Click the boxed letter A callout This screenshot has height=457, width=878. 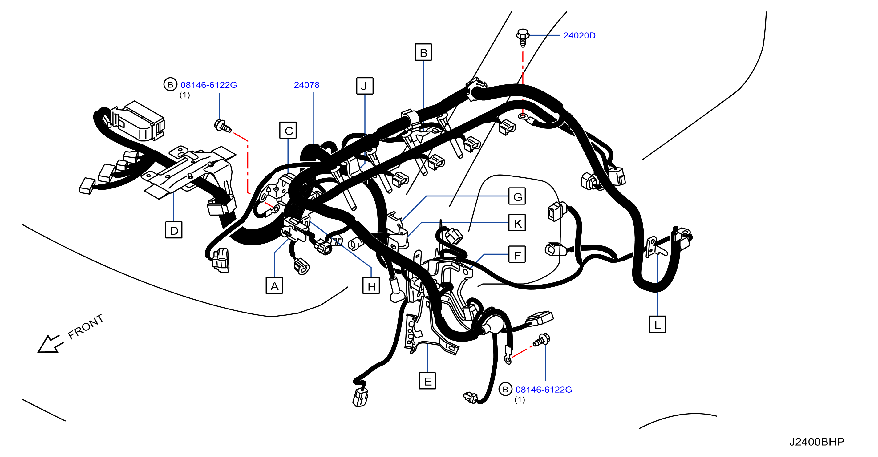pos(274,285)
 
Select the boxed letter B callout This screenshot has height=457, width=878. pos(423,52)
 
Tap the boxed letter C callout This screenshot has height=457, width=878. pos(288,130)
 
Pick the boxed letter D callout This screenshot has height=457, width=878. pos(174,230)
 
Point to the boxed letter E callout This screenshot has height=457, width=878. pos(427,381)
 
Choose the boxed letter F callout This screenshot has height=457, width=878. pos(517,254)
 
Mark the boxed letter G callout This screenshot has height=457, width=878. pos(517,196)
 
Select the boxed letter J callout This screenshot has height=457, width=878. pos(365,86)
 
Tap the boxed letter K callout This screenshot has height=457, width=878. pos(517,223)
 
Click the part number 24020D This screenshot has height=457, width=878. pos(579,35)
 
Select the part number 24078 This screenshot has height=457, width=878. pos(307,85)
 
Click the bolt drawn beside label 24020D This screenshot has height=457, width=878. pos(523,38)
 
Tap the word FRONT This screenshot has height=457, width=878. pos(86,327)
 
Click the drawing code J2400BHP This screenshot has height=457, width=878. pos(817,442)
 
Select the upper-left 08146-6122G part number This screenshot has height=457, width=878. pos(208,85)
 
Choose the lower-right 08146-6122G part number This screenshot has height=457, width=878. pos(544,390)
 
